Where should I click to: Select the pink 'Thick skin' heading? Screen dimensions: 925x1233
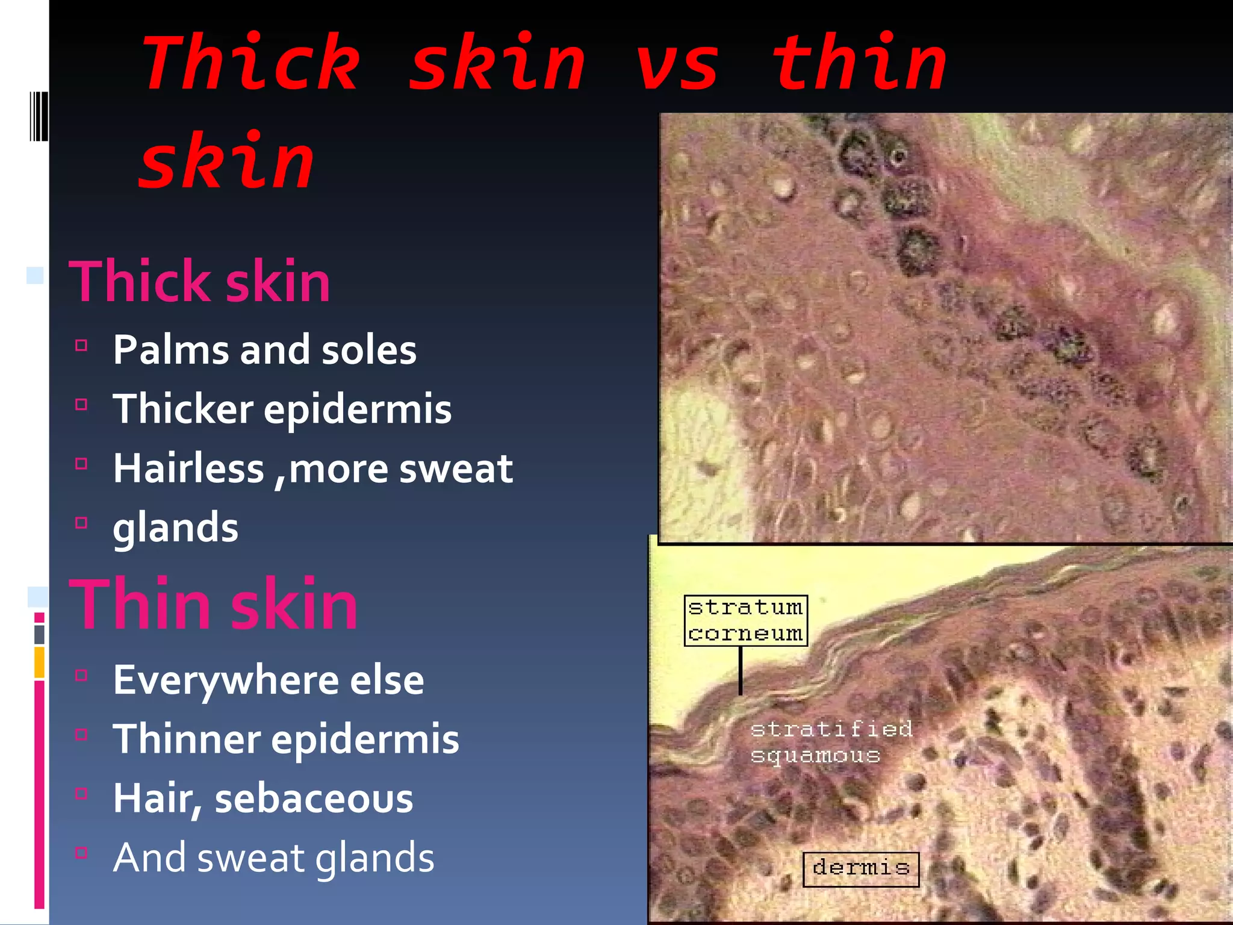point(200,282)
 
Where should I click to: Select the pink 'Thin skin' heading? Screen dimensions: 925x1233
point(214,604)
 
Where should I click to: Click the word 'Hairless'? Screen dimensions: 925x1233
point(188,469)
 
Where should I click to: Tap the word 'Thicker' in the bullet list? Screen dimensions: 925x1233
point(183,409)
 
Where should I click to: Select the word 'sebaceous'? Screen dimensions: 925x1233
point(314,799)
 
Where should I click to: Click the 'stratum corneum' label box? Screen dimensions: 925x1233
point(745,620)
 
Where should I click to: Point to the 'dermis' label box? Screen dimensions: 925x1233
point(861,868)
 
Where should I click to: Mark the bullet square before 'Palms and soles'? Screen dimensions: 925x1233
point(81,346)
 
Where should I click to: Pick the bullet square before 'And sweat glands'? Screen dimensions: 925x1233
point(81,853)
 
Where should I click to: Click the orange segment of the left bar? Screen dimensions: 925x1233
point(39,662)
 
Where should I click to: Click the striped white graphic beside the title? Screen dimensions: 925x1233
point(39,116)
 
